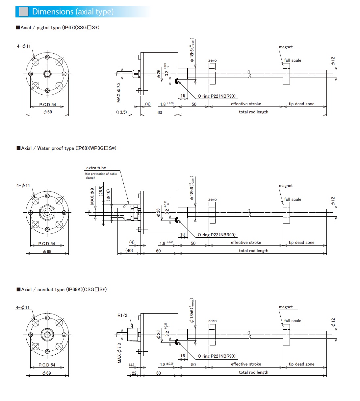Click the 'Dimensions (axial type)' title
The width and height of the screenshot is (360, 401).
pyautogui.click(x=73, y=12)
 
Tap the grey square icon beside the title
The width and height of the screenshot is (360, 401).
pyautogui.click(x=23, y=12)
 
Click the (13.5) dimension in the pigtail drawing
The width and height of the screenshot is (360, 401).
pyautogui.click(x=121, y=112)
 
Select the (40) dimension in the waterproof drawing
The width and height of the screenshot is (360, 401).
pyautogui.click(x=129, y=250)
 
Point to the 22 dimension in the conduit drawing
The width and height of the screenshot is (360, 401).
pyautogui.click(x=134, y=373)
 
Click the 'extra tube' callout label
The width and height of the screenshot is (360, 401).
pyautogui.click(x=96, y=168)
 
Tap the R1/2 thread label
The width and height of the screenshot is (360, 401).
pyautogui.click(x=122, y=315)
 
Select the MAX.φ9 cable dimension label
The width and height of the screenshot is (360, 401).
pyautogui.click(x=92, y=196)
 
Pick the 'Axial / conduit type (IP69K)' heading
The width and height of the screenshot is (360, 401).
pyautogui.click(x=62, y=290)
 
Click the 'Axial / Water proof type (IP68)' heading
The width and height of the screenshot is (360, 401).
pyautogui.click(x=66, y=148)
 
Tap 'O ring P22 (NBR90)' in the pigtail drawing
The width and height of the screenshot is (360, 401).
pyautogui.click(x=217, y=96)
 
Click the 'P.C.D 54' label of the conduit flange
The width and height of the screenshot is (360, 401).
pyautogui.click(x=47, y=365)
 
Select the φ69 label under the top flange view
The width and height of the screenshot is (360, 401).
pyautogui.click(x=47, y=112)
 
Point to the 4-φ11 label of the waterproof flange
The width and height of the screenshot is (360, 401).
pyautogui.click(x=23, y=185)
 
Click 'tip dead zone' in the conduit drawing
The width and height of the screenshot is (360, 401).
pyautogui.click(x=301, y=364)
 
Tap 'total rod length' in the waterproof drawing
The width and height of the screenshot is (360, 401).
pyautogui.click(x=253, y=250)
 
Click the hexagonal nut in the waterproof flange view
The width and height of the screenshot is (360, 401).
pyautogui.click(x=47, y=212)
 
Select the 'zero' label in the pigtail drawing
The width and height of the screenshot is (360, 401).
pyautogui.click(x=212, y=60)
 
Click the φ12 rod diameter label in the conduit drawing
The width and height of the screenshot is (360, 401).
pyautogui.click(x=333, y=322)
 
